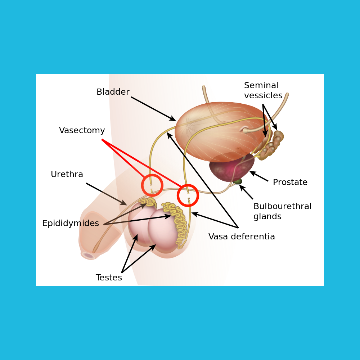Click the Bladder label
tap(113, 92)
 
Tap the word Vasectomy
tap(82, 130)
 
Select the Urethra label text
tap(67, 174)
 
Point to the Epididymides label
tap(70, 223)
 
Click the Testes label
tap(109, 277)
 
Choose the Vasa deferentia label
tap(241, 237)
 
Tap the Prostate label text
tap(290, 182)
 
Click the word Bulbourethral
tap(282, 206)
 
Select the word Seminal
tap(261, 85)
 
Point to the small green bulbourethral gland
tap(238, 182)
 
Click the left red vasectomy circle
tap(152, 185)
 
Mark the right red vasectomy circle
tap(188, 195)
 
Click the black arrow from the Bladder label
tap(153, 109)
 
